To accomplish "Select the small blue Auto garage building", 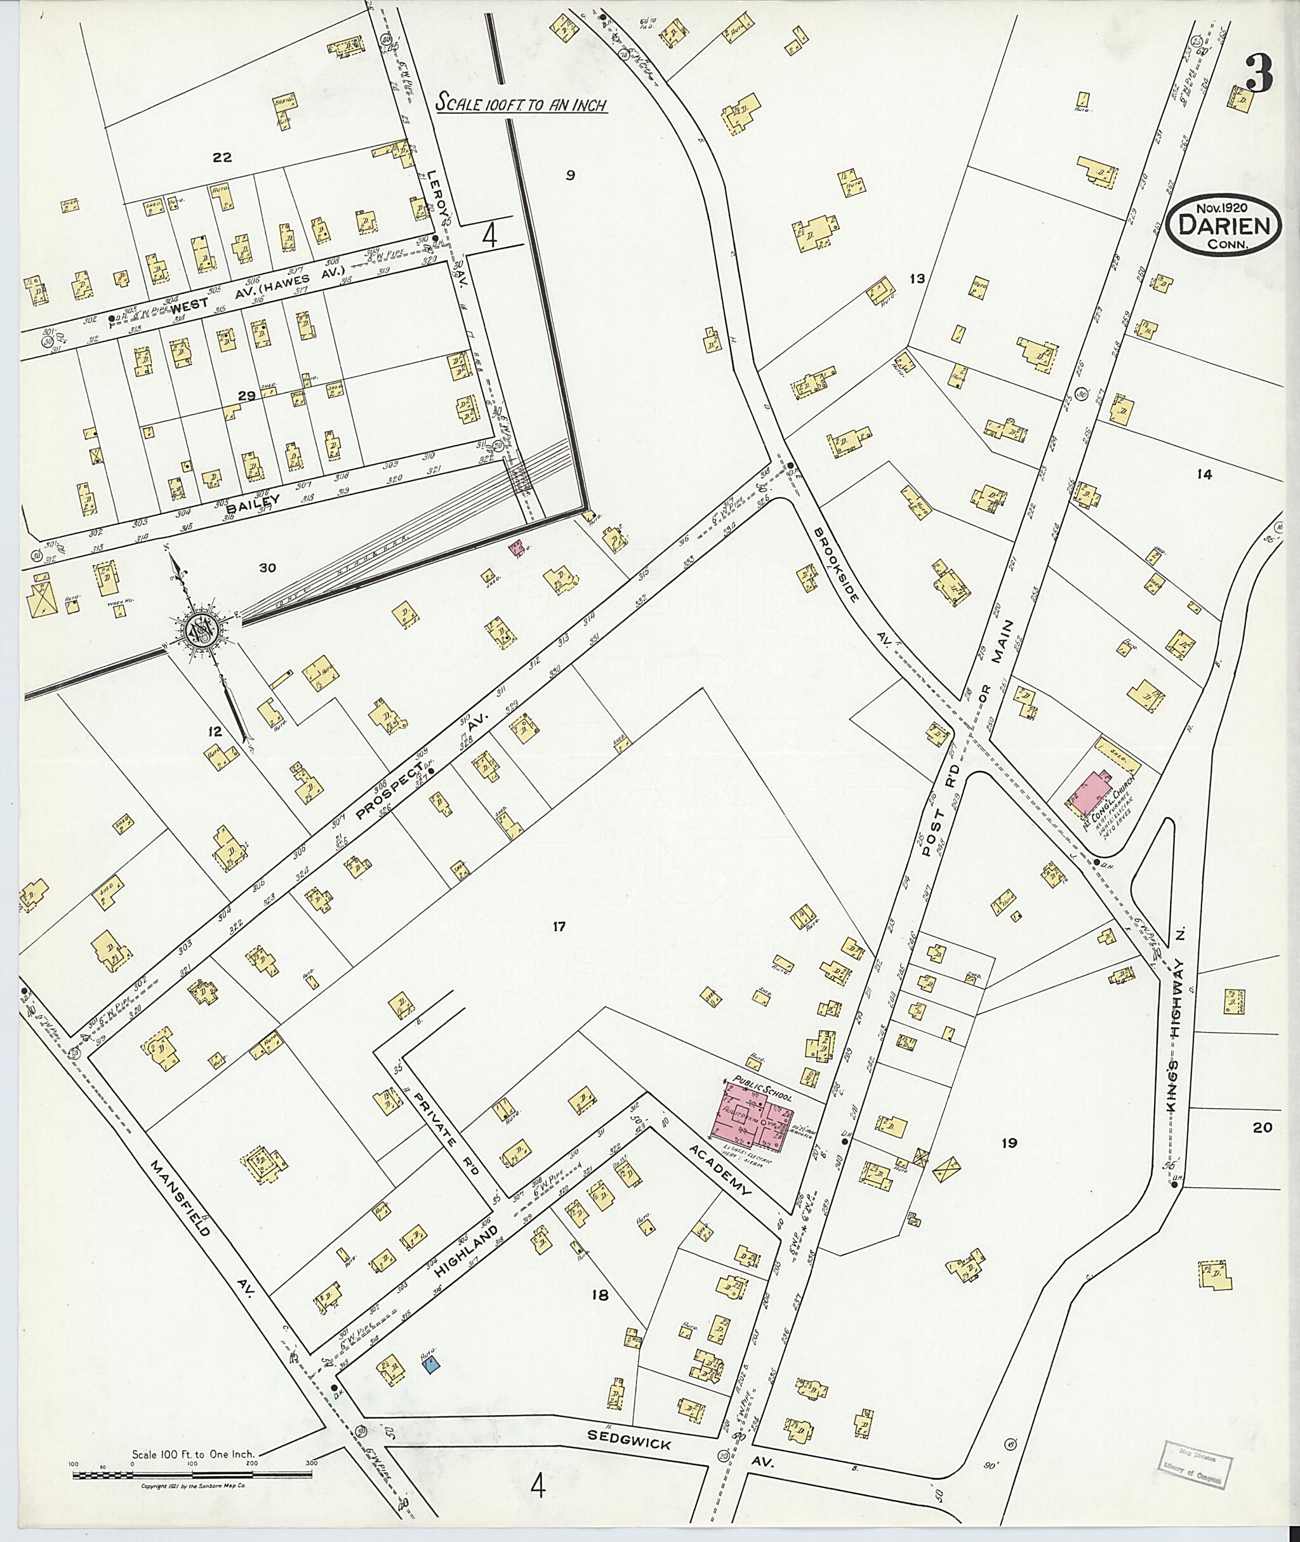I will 431,1366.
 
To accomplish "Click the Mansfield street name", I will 180,1199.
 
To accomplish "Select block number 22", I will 222,157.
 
